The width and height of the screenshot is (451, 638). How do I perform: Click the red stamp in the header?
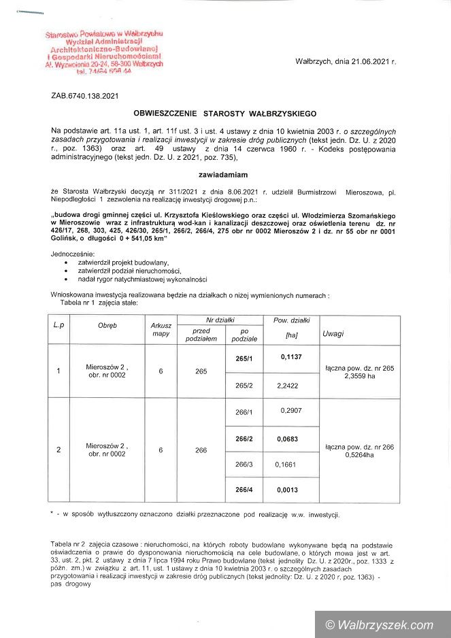103,52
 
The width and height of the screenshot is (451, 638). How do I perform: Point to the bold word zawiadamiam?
226,174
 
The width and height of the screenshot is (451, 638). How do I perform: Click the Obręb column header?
107,325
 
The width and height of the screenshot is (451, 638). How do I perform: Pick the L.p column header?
59,325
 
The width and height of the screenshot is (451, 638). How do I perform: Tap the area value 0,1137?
291,356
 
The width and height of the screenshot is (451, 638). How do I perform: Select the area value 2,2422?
288,385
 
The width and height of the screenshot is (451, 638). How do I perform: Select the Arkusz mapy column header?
161,329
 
